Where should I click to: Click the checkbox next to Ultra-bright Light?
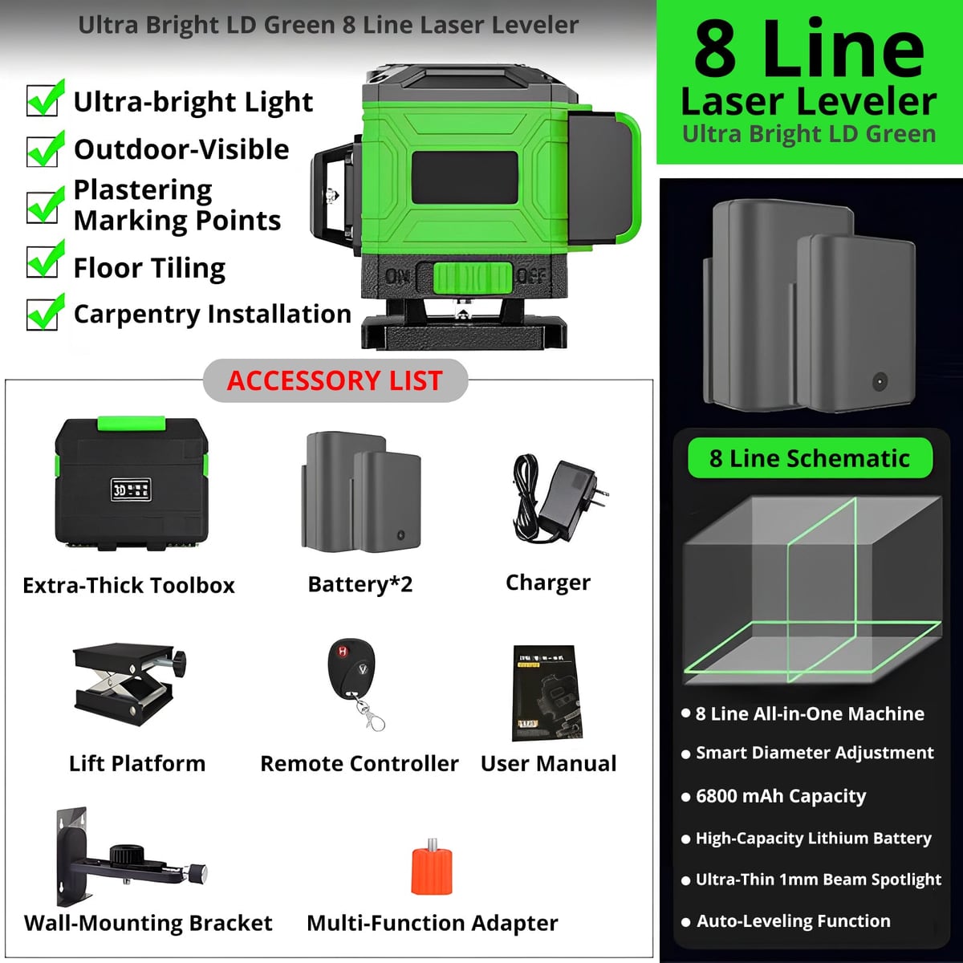pyautogui.click(x=43, y=100)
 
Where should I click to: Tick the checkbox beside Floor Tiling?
pyautogui.click(x=43, y=260)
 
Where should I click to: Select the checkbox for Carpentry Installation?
pyautogui.click(x=43, y=313)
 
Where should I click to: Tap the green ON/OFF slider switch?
pyautogui.click(x=473, y=278)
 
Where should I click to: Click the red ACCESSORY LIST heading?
pyautogui.click(x=335, y=380)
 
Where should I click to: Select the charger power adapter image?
pyautogui.click(x=559, y=498)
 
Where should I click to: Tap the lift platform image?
pyautogui.click(x=129, y=684)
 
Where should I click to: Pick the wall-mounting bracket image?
pyautogui.click(x=131, y=856)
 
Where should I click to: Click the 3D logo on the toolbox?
pyautogui.click(x=131, y=490)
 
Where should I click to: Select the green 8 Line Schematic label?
pyautogui.click(x=810, y=458)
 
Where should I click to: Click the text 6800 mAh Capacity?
pyautogui.click(x=781, y=795)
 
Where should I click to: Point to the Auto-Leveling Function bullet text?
pyautogui.click(x=794, y=920)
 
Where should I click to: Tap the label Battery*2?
pyautogui.click(x=360, y=583)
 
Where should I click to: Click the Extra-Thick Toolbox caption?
pyautogui.click(x=128, y=585)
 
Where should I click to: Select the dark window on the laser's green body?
pyautogui.click(x=465, y=178)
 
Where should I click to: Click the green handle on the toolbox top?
pyautogui.click(x=132, y=423)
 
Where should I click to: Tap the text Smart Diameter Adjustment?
pyautogui.click(x=815, y=753)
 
